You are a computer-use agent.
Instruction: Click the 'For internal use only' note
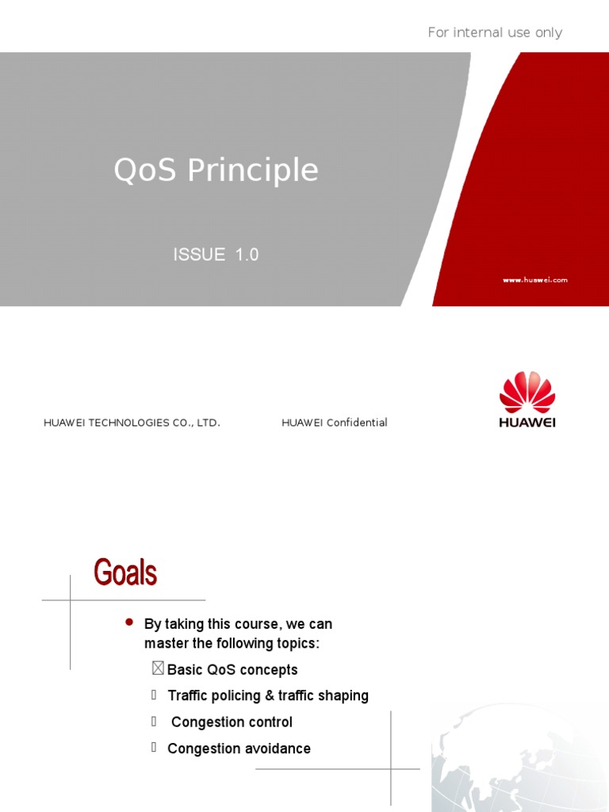click(495, 33)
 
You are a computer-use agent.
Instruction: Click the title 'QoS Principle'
click(216, 170)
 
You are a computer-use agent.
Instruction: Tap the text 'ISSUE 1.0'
click(216, 255)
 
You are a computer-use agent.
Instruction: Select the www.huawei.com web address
click(535, 280)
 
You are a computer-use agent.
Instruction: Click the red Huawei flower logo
click(527, 392)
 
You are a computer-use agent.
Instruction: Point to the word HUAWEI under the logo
click(527, 423)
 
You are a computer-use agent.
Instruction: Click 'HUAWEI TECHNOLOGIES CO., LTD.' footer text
click(132, 423)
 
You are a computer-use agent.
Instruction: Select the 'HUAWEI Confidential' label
click(335, 423)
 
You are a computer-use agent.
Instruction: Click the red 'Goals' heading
click(125, 573)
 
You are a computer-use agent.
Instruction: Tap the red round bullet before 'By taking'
click(129, 622)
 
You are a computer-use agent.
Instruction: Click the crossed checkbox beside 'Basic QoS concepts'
click(158, 668)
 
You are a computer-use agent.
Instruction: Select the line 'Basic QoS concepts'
click(232, 670)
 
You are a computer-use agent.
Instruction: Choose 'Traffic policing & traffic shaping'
click(268, 695)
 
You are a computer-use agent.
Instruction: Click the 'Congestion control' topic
click(232, 722)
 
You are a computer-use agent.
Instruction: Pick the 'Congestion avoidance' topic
click(239, 749)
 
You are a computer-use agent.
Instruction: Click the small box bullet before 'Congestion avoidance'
click(154, 747)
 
